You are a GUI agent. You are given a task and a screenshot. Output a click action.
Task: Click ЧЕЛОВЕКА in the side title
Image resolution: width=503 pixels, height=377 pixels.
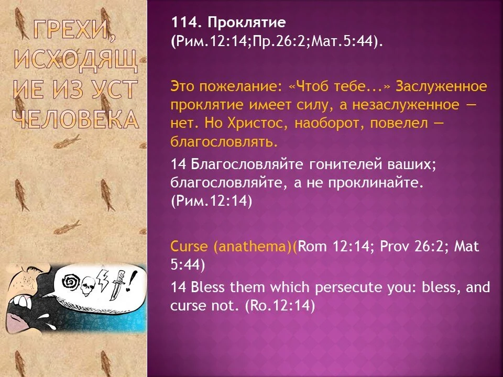coord(74,120)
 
